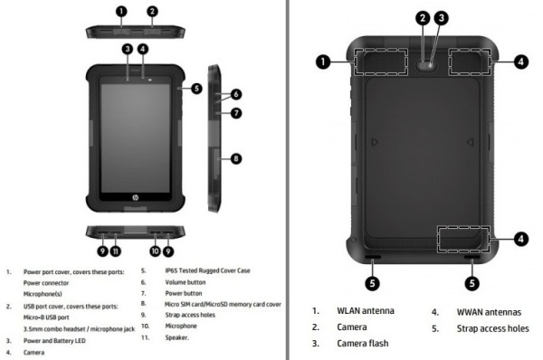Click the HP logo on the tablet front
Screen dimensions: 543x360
(x=135, y=198)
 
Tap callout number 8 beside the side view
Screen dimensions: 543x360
(x=236, y=159)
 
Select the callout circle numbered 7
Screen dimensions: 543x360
(x=236, y=113)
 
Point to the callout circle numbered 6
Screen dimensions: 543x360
(x=236, y=94)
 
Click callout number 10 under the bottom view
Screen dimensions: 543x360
(x=155, y=251)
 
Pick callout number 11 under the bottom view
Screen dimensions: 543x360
(x=116, y=251)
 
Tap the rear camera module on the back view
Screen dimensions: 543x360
(x=426, y=65)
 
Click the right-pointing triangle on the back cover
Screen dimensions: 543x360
(x=375, y=142)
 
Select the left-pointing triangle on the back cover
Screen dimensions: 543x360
(x=470, y=142)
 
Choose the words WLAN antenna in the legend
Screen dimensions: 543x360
(x=366, y=311)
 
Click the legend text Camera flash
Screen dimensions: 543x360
(x=363, y=344)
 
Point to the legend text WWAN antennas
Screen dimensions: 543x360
(x=489, y=312)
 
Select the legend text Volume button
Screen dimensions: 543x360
(x=186, y=282)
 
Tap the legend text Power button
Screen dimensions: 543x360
(x=184, y=294)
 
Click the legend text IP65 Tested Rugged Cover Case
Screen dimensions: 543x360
(x=207, y=270)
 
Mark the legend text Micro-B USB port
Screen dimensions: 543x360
(x=46, y=317)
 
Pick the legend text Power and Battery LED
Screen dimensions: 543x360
(x=54, y=341)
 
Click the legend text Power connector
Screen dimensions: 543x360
(x=46, y=283)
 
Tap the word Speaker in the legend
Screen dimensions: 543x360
(x=176, y=337)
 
